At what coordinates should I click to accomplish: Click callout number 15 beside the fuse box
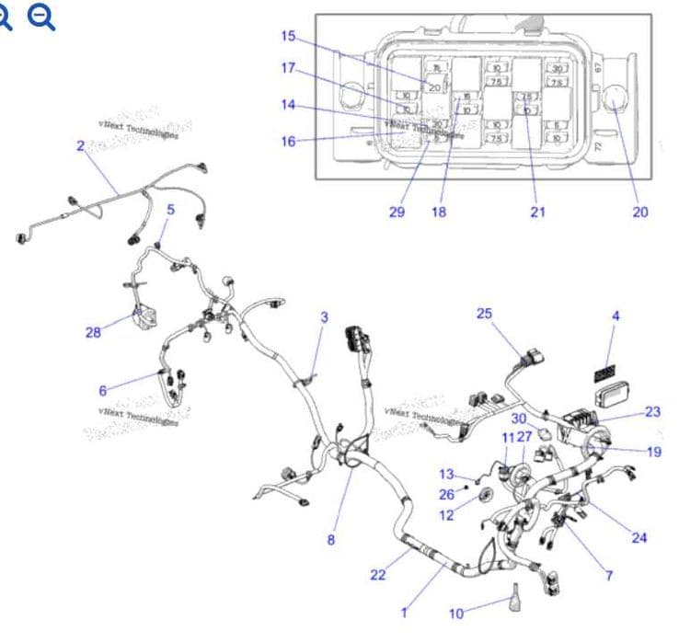tap(289, 36)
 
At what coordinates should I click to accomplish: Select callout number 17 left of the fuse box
tap(289, 68)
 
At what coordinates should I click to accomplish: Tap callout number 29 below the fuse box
tap(397, 212)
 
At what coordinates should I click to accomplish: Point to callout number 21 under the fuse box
tap(537, 212)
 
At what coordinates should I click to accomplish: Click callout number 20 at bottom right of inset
tap(640, 212)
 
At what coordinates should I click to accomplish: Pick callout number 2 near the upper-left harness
tap(80, 145)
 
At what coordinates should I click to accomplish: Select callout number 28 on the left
tap(93, 332)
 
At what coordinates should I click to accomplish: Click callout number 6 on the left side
tap(103, 389)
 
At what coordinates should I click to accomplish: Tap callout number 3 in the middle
tap(324, 317)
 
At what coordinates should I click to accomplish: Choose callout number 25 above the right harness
tap(484, 314)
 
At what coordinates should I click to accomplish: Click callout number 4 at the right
tap(616, 316)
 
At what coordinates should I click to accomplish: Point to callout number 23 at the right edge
tap(652, 411)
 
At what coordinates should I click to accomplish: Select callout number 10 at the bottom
tap(456, 614)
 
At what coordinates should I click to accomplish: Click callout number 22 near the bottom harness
tap(377, 575)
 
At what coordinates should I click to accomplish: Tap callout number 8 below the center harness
tap(331, 539)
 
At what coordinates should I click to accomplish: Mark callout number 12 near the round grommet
tap(446, 515)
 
